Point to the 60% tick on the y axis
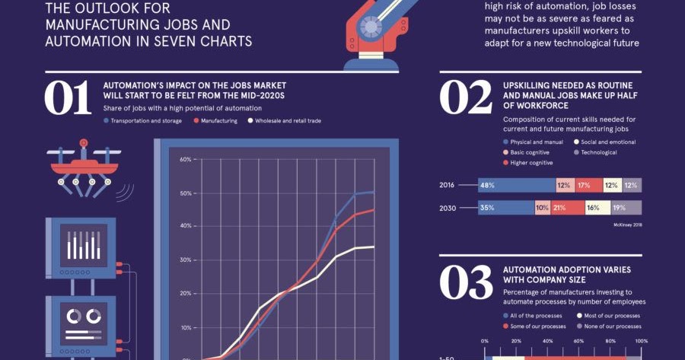point(185,160)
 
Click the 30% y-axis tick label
point(185,260)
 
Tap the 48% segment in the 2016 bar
point(515,185)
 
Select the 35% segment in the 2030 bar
point(505,207)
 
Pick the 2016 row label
point(448,185)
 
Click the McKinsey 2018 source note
point(627,225)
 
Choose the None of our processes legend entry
point(611,326)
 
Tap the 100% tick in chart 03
point(640,341)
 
